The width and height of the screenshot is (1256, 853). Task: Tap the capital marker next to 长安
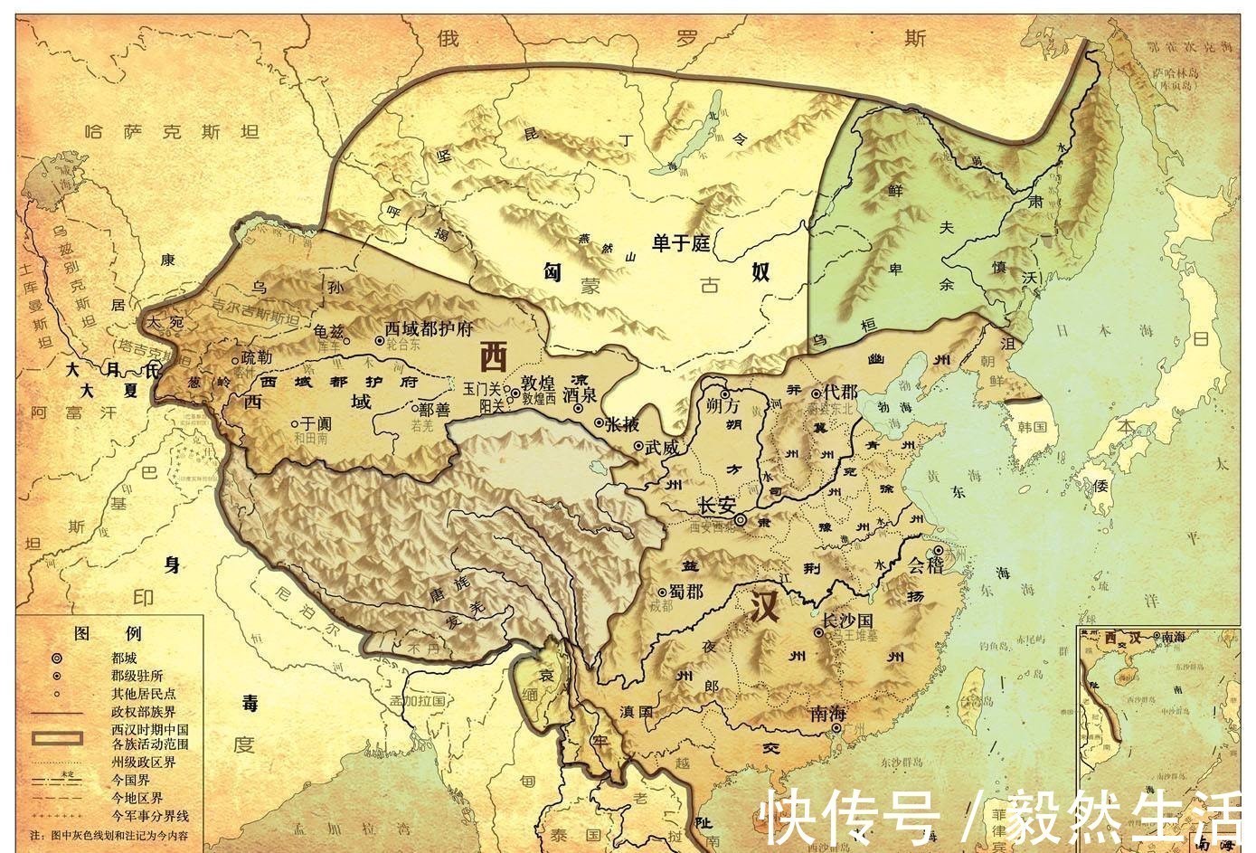[x=740, y=520]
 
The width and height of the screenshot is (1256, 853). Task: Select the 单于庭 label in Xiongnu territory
[x=683, y=242]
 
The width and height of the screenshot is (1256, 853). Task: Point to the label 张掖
[x=621, y=423]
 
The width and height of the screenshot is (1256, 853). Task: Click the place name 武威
[x=660, y=446]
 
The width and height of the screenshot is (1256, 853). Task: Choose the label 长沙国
[x=846, y=621]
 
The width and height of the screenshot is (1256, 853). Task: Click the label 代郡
[x=840, y=393]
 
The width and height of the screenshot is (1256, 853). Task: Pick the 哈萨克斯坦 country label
[x=170, y=133]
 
